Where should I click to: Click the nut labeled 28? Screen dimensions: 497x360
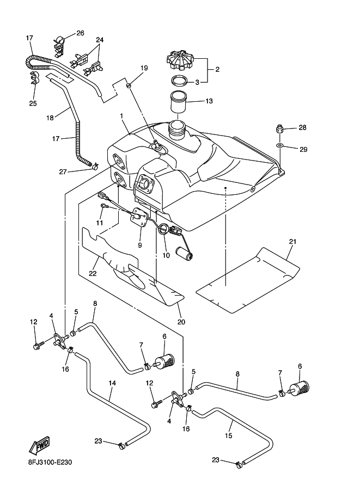[x=278, y=128]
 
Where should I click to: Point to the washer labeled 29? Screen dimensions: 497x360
[x=278, y=146]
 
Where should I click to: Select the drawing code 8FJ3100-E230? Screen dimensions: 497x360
[x=50, y=463]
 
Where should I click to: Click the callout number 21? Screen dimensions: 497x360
[x=292, y=241]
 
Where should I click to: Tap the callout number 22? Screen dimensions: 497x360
[x=93, y=273]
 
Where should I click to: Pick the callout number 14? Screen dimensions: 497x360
[x=112, y=383]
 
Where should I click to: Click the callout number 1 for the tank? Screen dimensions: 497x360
[x=122, y=115]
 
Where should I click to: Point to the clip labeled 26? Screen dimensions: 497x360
[x=59, y=41]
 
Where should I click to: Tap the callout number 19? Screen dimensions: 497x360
[x=144, y=68]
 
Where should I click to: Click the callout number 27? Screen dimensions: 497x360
[x=63, y=172]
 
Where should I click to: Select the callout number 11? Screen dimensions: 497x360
[x=100, y=223]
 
